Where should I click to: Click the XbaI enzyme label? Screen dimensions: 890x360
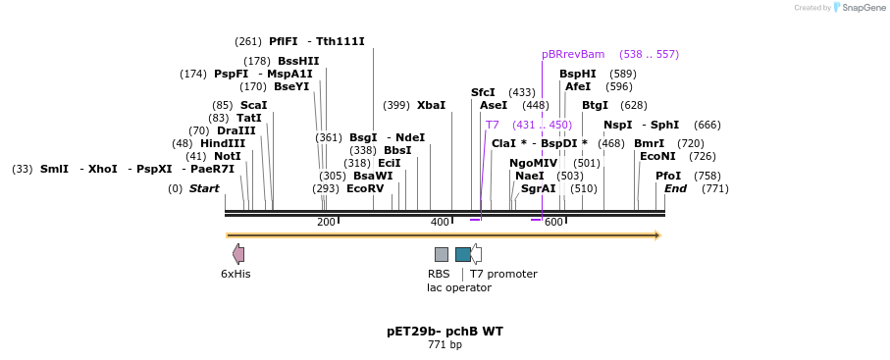point(431,105)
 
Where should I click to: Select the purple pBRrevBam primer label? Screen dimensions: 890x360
point(573,54)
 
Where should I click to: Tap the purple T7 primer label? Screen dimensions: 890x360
point(493,125)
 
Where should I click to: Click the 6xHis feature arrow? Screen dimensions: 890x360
point(238,254)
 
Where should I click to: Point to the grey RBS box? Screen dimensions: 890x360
point(442,254)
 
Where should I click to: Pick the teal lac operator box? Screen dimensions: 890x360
point(462,254)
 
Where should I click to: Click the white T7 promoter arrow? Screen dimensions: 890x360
point(476,254)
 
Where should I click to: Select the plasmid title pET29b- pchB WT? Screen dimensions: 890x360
point(445,332)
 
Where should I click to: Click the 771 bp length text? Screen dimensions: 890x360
point(445,345)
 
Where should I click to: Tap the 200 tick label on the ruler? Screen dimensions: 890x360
point(326,223)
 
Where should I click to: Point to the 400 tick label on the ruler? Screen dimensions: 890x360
point(440,223)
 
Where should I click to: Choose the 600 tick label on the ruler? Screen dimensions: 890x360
point(553,223)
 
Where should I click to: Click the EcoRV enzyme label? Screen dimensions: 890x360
point(365,188)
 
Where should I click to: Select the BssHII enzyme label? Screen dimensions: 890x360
point(298,61)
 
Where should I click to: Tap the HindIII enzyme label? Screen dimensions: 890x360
point(223,143)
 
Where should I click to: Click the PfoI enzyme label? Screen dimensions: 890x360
point(668,176)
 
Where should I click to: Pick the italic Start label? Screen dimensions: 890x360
point(204,188)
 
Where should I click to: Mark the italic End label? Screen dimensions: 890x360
point(675,188)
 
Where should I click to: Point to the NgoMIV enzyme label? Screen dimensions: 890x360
point(533,163)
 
